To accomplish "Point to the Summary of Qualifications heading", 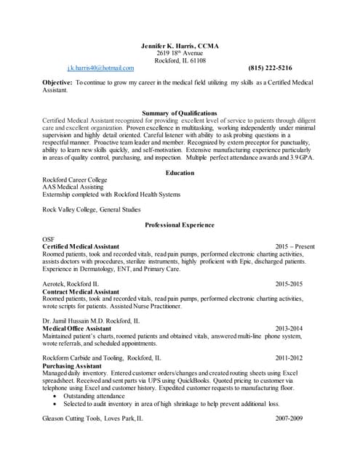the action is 179,113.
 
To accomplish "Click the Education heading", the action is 179,173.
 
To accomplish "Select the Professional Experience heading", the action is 179,225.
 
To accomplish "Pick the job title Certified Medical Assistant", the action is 81,247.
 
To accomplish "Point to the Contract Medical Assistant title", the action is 80,291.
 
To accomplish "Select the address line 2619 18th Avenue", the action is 179,53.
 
